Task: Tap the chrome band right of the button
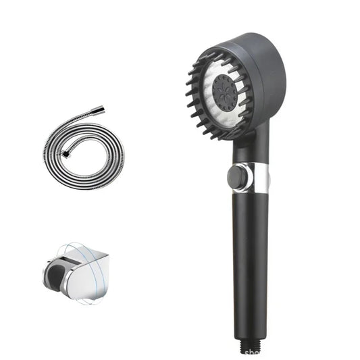(x=265, y=177)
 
